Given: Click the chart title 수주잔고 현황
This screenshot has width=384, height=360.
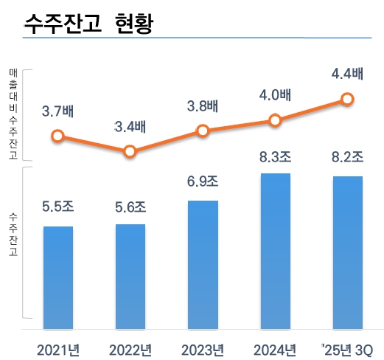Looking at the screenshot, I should pos(89,23).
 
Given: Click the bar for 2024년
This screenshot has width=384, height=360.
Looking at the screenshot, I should pos(276,250).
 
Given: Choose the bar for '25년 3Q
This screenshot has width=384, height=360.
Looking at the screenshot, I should pos(348,251).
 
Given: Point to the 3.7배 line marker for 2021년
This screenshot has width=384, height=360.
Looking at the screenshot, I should pos(57,136).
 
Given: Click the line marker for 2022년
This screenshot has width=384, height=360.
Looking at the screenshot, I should pos(130,151).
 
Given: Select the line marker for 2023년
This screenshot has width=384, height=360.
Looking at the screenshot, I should pos(203,131).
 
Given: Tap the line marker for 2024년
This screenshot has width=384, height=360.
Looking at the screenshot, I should pos(276,120).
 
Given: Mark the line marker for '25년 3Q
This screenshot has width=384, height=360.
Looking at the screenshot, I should pos(348,99).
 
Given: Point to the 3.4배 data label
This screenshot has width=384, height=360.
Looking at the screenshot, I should pos(130,127).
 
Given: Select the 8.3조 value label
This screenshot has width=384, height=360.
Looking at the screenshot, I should pos(276,156).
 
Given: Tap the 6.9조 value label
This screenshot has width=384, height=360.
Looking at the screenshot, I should pos(203,182).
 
